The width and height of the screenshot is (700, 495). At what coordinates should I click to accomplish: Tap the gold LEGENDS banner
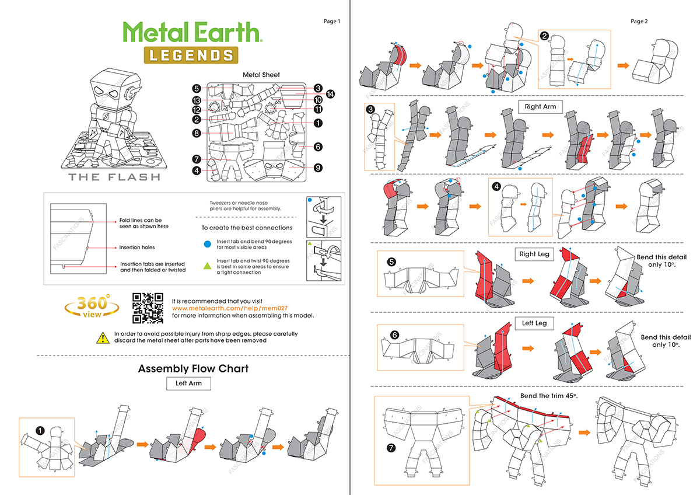tap(191, 55)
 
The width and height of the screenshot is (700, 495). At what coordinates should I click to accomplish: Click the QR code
tap(148, 308)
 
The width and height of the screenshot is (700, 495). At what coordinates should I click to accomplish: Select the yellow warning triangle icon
tap(103, 337)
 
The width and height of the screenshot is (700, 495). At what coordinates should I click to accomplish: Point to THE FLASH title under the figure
tap(114, 177)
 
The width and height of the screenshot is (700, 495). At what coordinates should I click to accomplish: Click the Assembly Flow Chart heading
tap(193, 368)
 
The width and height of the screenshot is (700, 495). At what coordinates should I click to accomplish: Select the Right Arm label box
tap(541, 107)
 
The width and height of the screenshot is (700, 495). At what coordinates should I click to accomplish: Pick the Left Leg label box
tap(534, 323)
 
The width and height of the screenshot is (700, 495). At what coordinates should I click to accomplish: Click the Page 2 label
tap(639, 22)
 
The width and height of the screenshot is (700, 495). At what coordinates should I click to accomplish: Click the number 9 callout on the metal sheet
tap(318, 168)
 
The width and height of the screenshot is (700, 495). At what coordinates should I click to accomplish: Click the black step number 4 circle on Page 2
tap(496, 187)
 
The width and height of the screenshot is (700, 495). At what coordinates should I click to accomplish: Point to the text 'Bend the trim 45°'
tap(548, 396)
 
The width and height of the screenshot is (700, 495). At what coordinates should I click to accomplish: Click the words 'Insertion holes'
tap(138, 247)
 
